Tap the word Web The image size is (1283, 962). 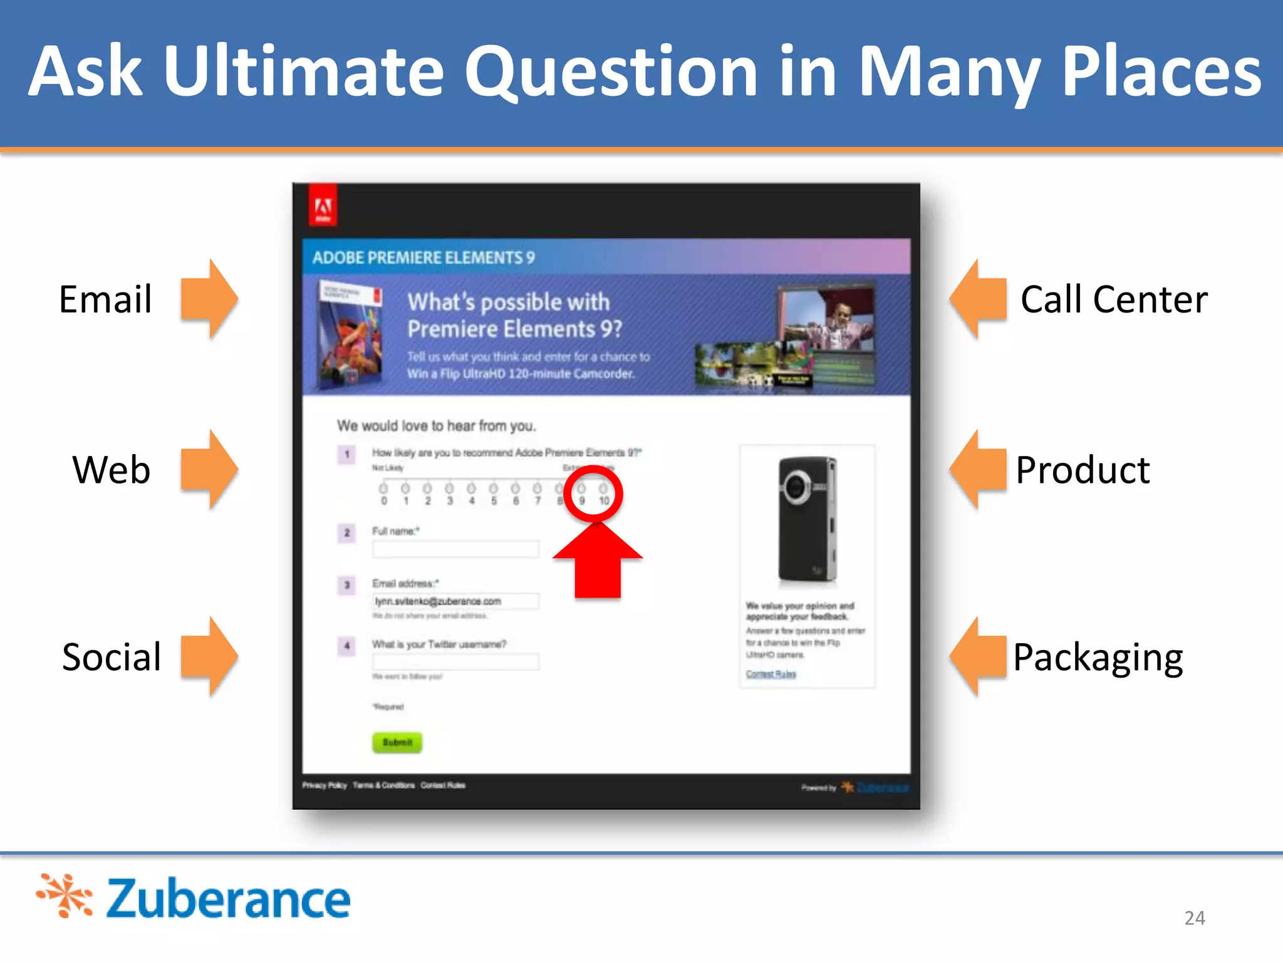pyautogui.click(x=112, y=470)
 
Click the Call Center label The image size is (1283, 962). pyautogui.click(x=1113, y=299)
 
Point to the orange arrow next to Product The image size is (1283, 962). pyautogui.click(x=979, y=470)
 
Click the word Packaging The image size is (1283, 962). pyautogui.click(x=1098, y=658)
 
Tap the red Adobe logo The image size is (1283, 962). pyautogui.click(x=323, y=206)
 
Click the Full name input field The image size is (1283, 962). pyautogui.click(x=455, y=549)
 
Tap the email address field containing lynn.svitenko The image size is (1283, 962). pyautogui.click(x=455, y=601)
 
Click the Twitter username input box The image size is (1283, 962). pyautogui.click(x=455, y=661)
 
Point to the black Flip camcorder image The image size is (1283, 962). pyautogui.click(x=807, y=520)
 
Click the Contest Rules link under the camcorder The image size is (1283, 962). pyautogui.click(x=771, y=674)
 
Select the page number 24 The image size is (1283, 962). pyautogui.click(x=1194, y=918)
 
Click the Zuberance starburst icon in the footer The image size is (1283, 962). pyautogui.click(x=65, y=896)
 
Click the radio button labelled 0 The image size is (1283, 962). pyautogui.click(x=383, y=488)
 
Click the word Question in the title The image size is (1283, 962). pyautogui.click(x=610, y=72)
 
